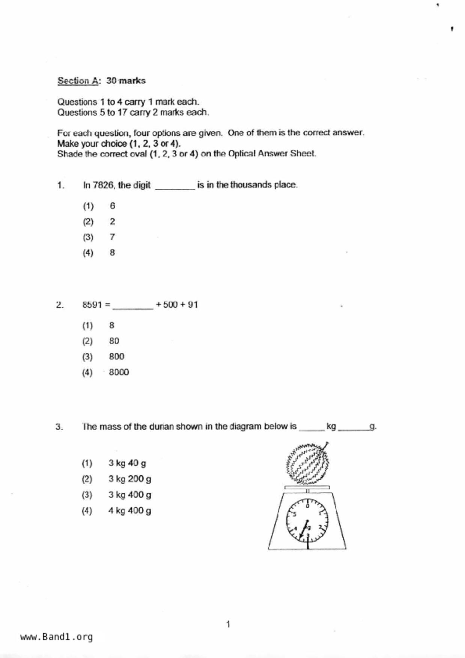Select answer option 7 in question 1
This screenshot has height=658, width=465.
click(x=112, y=237)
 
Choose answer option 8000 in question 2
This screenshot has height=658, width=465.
click(x=119, y=372)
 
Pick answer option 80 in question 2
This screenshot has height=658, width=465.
click(x=114, y=341)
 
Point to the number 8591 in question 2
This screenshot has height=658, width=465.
click(x=92, y=305)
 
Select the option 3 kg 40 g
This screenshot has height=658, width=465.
click(x=127, y=463)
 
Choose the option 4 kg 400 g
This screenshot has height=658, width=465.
click(x=129, y=511)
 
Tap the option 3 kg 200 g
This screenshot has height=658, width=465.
click(x=130, y=479)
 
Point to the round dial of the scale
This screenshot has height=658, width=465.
click(x=307, y=521)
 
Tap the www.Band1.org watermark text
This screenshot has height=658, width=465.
click(x=56, y=637)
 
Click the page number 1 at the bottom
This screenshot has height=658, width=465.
click(x=228, y=624)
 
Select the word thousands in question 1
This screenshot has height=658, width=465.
click(x=251, y=185)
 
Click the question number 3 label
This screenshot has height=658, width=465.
click(x=59, y=427)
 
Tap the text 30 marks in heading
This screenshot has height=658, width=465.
click(x=126, y=81)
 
